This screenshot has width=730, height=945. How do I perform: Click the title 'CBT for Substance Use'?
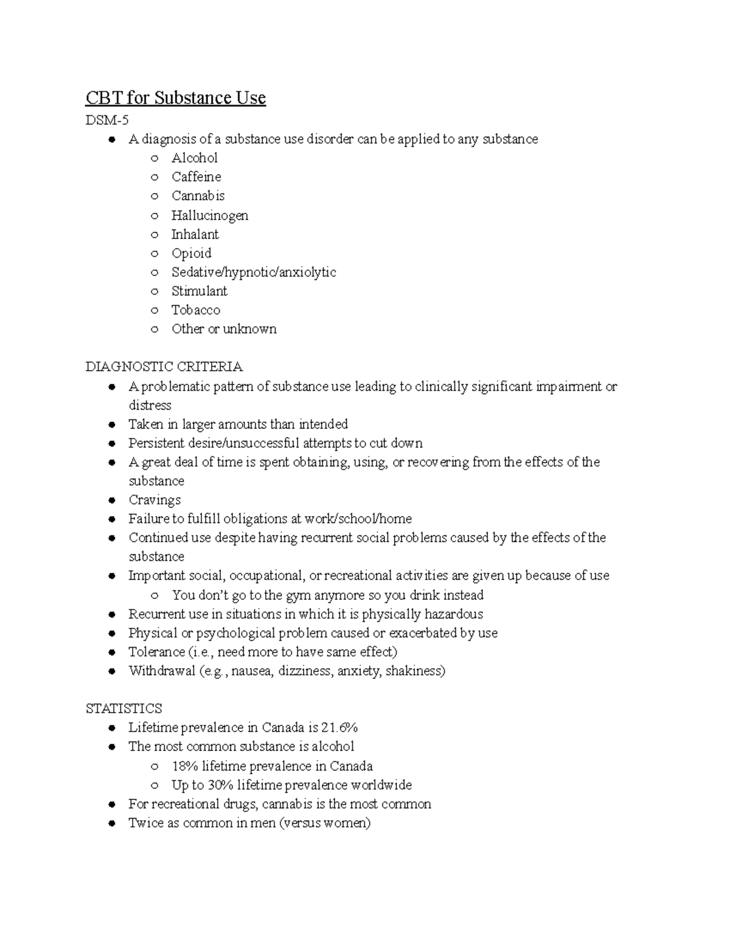pos(175,98)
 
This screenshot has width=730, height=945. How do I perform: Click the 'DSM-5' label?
pos(107,120)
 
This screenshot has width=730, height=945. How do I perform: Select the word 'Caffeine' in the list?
pos(196,177)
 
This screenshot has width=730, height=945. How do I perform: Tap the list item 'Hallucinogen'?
pos(209,215)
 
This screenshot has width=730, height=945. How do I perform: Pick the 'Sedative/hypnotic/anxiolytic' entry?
pos(253,272)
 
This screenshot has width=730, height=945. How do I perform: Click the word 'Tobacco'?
pos(195,310)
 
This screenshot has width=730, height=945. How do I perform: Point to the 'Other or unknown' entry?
pos(223,329)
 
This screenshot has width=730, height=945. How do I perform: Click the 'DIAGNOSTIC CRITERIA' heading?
pos(164,367)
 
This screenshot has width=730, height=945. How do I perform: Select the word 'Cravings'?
pos(155,500)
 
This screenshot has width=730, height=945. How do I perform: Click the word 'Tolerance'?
pos(157,652)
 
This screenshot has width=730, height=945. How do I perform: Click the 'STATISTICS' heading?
pos(123,709)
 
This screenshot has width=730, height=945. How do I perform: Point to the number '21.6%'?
pos(339,728)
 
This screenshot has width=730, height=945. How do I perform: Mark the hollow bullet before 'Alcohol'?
pos(155,159)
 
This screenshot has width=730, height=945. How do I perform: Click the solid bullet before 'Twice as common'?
pos(112,824)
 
